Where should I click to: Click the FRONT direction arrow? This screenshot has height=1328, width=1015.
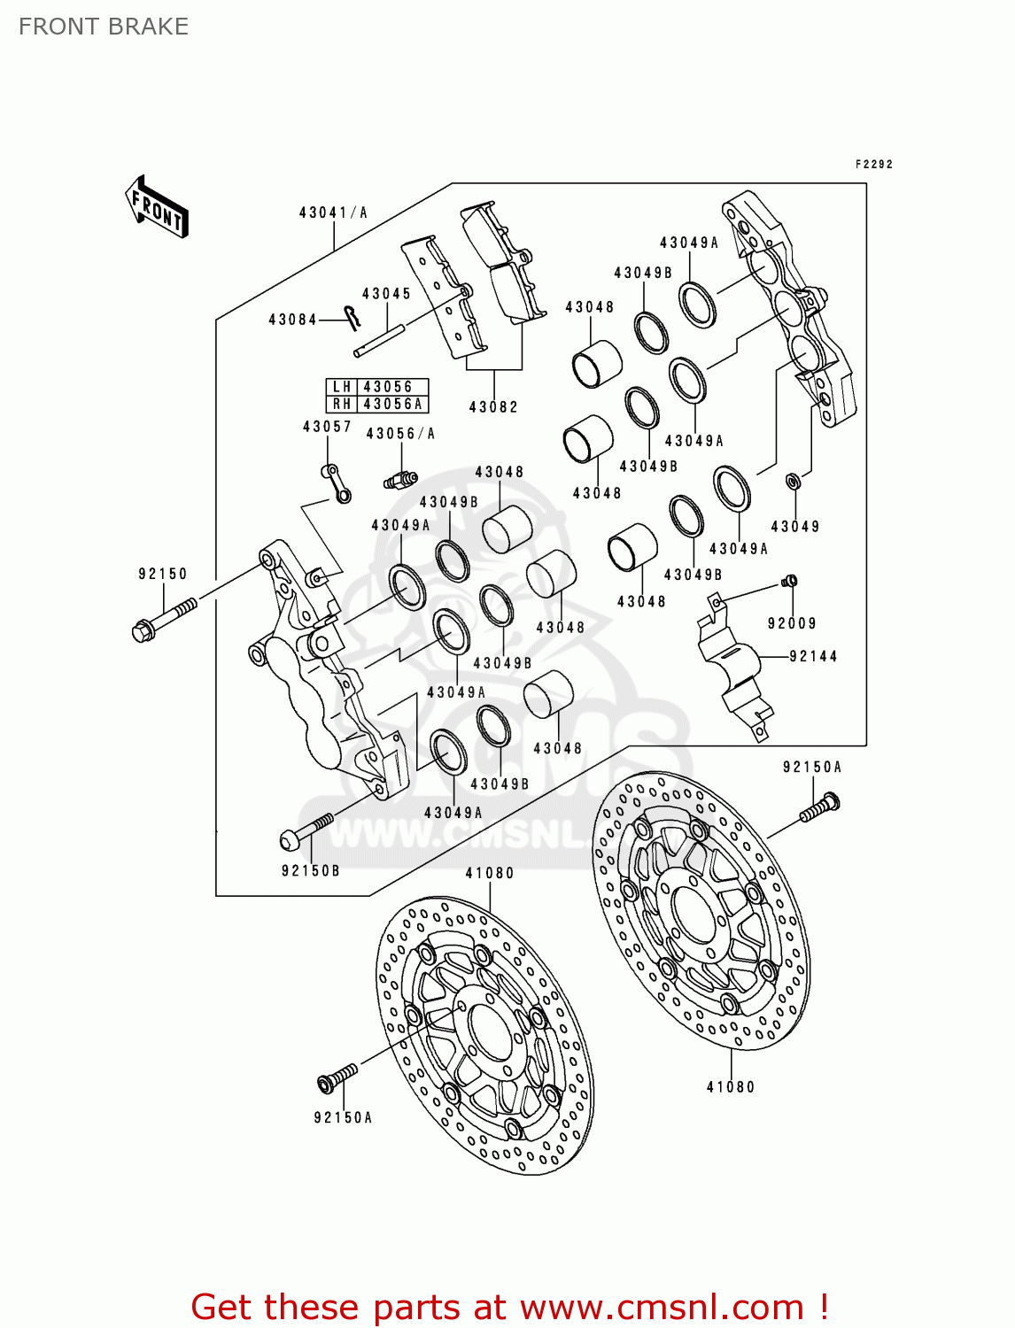(158, 207)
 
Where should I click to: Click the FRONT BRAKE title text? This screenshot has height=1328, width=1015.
(104, 27)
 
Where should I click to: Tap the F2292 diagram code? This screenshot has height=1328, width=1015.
(873, 165)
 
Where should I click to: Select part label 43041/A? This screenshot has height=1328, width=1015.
(333, 212)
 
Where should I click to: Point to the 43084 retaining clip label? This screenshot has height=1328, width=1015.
(292, 320)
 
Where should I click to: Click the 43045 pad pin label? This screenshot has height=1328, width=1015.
(386, 294)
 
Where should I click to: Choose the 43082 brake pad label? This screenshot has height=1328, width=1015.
(493, 407)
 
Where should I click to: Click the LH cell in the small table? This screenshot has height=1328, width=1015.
(342, 387)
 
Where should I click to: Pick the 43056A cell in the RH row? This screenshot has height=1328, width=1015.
(392, 405)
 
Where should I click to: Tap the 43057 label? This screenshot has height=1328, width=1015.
(327, 427)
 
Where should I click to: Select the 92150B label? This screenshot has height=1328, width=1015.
(310, 871)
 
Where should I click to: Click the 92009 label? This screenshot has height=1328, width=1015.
(792, 623)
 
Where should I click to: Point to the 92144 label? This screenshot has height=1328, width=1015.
(813, 656)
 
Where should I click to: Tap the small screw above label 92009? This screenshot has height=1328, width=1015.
(790, 581)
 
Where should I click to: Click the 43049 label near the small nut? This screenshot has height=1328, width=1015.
(795, 527)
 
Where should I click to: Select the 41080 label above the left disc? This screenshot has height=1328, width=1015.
(490, 873)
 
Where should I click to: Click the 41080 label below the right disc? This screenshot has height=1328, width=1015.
(731, 1087)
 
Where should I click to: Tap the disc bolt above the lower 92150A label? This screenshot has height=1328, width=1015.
(337, 1077)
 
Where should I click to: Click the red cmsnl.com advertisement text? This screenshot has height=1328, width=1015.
(510, 1307)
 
